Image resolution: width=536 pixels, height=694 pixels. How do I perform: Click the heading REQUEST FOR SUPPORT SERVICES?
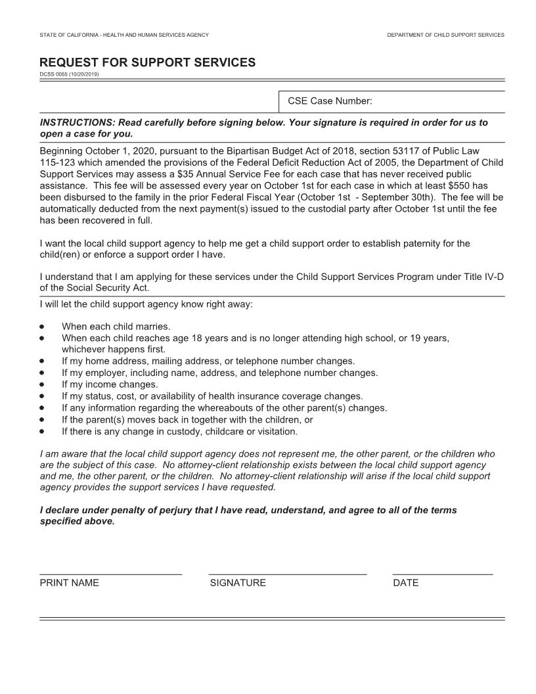147,62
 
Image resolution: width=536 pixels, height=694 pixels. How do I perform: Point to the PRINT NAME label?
69,583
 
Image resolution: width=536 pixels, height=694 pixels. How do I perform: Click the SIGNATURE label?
238,583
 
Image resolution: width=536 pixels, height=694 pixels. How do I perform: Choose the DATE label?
405,583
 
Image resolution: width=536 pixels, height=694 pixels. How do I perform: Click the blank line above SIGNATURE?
287,574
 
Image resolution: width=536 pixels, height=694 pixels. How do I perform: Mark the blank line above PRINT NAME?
110,574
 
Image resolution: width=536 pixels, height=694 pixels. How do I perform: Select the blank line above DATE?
442,574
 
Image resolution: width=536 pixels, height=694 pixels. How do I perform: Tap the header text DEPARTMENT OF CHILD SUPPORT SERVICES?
445,34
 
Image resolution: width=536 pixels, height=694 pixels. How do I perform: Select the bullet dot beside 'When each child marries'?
42,326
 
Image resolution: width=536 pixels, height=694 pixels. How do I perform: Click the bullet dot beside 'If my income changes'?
42,384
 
